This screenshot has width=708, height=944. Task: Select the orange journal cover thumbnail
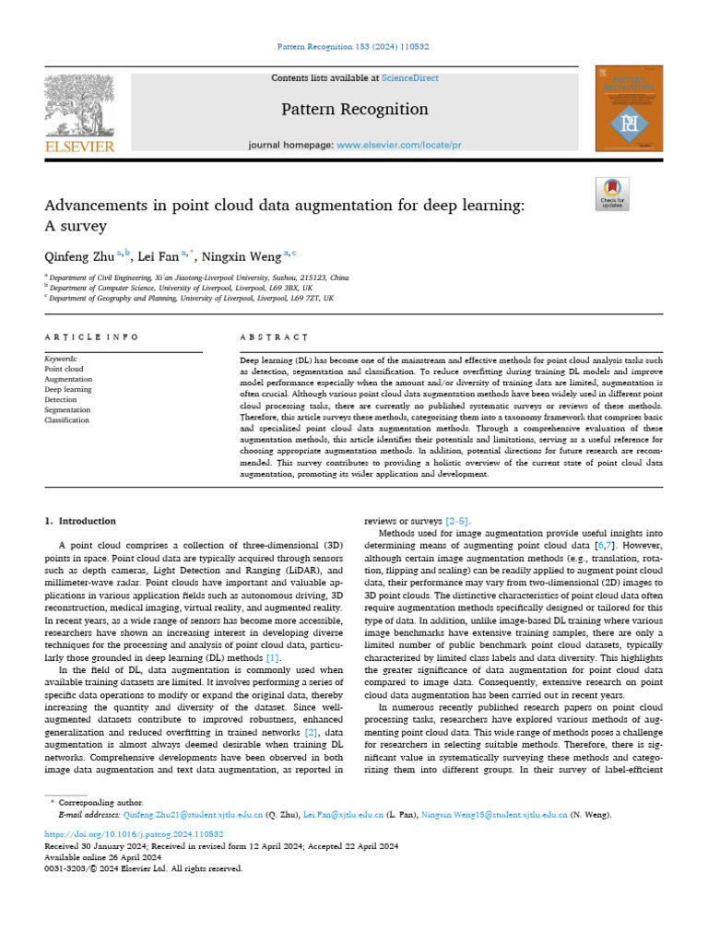click(630, 108)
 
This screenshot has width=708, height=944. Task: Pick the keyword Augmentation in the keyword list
click(68, 379)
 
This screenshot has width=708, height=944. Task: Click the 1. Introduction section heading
click(81, 521)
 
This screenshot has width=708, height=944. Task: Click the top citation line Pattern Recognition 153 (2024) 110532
click(354, 46)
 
